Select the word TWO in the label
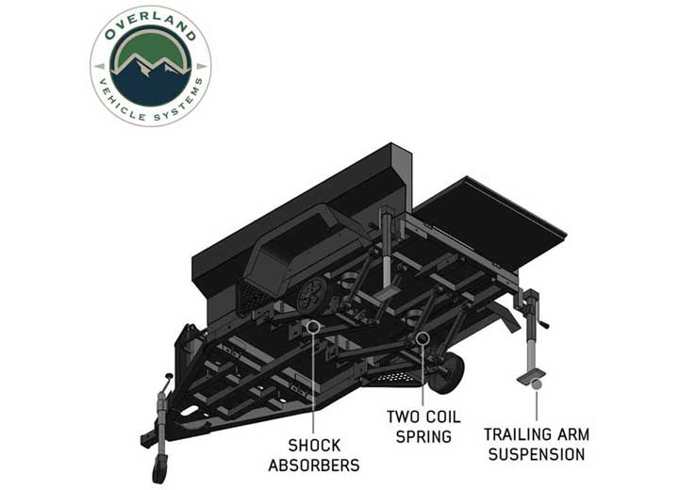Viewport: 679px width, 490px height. (406, 416)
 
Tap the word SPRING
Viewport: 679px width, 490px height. (425, 436)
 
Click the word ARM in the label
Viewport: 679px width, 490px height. (573, 435)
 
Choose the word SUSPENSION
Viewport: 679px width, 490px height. (536, 455)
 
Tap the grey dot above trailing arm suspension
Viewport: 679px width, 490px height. (537, 383)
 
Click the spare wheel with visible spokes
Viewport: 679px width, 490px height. (310, 295)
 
